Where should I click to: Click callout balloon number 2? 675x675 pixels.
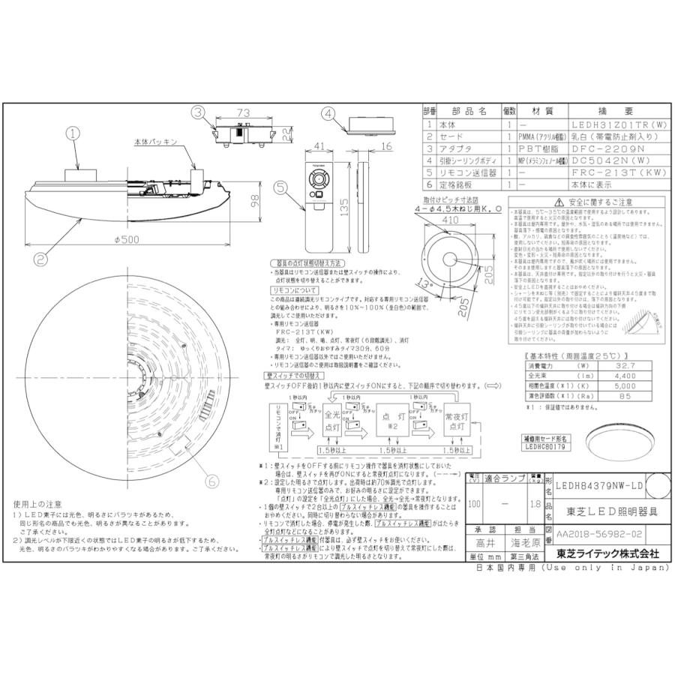pyautogui.click(x=40, y=259)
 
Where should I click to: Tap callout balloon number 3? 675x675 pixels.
pyautogui.click(x=198, y=113)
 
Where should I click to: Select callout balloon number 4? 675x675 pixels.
pyautogui.click(x=329, y=114)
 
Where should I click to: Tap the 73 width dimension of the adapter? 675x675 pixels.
pyautogui.click(x=242, y=112)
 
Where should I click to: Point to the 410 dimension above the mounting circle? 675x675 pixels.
pyautogui.click(x=448, y=221)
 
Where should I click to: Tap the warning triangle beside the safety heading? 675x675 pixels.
pyautogui.click(x=558, y=202)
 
